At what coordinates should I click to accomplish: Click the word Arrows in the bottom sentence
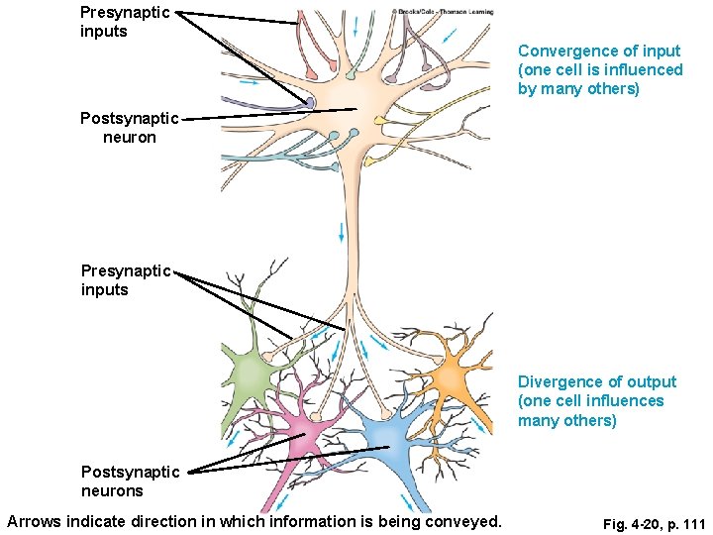click(x=34, y=521)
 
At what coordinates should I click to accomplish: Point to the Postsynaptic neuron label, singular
click(x=129, y=128)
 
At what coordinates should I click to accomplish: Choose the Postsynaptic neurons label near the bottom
click(x=130, y=481)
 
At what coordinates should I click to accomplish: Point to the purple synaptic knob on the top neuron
click(x=310, y=102)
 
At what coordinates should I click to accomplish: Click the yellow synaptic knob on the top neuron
click(x=380, y=121)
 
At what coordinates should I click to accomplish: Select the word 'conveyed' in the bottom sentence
click(x=465, y=521)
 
